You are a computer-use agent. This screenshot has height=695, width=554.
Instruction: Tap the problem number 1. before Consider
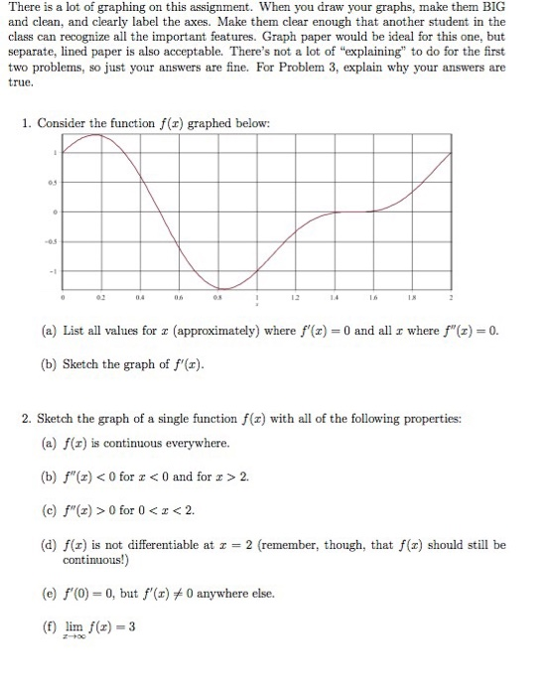tap(27, 123)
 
